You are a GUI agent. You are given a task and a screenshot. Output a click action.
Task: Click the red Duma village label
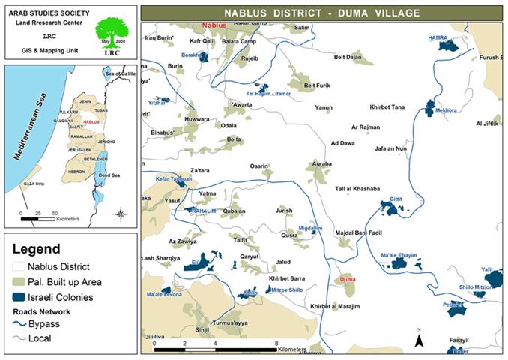click(347, 279)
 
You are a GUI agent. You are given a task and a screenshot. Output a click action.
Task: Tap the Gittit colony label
click(396, 199)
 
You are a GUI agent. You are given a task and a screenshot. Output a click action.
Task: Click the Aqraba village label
click(322, 163)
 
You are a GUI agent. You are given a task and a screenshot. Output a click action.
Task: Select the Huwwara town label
click(196, 118)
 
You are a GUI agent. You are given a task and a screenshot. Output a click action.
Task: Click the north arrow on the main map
click(420, 340)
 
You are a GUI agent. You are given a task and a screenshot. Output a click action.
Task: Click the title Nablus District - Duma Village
click(321, 13)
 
